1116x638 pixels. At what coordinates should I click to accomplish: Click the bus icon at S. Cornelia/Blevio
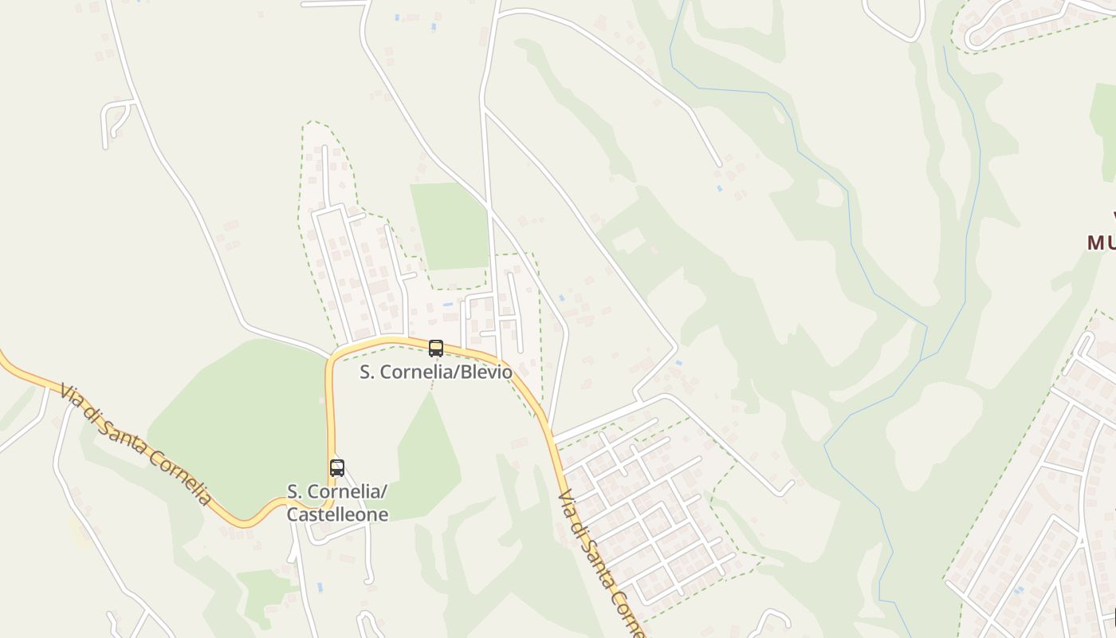coord(436,349)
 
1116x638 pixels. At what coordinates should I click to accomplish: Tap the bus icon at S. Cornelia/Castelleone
coord(337,468)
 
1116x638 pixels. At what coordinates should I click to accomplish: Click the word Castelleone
coord(337,514)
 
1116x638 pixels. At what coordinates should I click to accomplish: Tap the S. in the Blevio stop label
coord(367,372)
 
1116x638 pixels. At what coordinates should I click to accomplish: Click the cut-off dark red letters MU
coord(1101,242)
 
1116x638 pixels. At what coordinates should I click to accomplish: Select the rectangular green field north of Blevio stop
coord(450,226)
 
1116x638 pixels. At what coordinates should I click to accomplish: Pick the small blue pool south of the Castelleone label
coord(320,587)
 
